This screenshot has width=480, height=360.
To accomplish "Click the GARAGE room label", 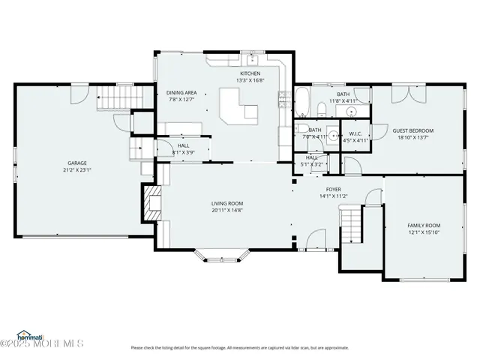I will (x=77, y=163).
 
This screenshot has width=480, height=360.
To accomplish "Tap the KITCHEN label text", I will (x=250, y=73).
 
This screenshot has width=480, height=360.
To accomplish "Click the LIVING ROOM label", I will (x=227, y=203).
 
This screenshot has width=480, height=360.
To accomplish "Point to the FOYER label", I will (x=333, y=190).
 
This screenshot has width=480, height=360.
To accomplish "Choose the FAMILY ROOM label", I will (x=424, y=225).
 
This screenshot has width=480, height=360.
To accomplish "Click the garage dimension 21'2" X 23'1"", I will (x=77, y=169).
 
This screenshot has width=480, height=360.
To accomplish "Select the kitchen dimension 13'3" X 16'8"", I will (x=250, y=80).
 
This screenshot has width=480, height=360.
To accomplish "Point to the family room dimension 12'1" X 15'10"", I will (x=424, y=232).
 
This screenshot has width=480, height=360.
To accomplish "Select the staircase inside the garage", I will (x=113, y=97).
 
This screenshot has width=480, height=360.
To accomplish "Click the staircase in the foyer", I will (x=351, y=223).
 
